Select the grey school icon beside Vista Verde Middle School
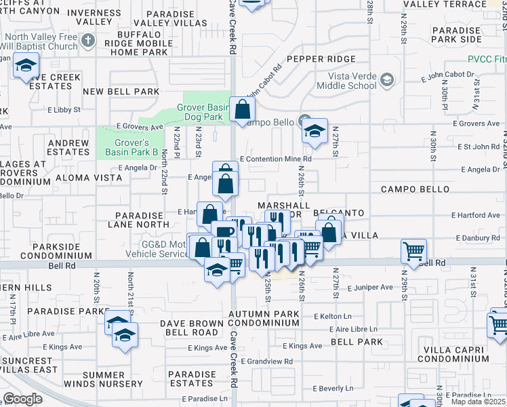click(x=386, y=81)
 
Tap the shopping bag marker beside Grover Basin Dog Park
click(x=242, y=109)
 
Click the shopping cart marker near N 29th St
click(x=413, y=251)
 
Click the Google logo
click(x=23, y=398)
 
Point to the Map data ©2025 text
click(x=478, y=402)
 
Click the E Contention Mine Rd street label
click(x=276, y=159)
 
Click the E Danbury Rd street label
click(x=478, y=238)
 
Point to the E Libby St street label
click(x=64, y=109)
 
